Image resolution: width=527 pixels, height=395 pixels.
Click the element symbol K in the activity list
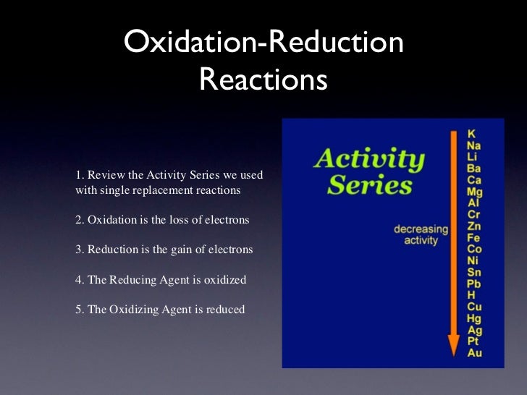pyautogui.click(x=472, y=134)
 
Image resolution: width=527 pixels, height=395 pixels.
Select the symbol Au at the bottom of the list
pyautogui.click(x=474, y=353)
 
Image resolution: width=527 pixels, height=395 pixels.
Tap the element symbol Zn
pyautogui.click(x=474, y=226)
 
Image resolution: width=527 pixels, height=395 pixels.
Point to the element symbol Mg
pyautogui.click(x=475, y=192)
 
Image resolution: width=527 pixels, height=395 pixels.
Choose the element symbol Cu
pyautogui.click(x=475, y=307)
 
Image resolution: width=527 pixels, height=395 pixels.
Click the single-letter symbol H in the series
pyautogui.click(x=471, y=295)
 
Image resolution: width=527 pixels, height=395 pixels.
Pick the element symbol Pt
pyautogui.click(x=473, y=341)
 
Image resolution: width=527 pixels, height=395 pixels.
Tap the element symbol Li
pyautogui.click(x=472, y=157)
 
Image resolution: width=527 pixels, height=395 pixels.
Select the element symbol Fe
pyautogui.click(x=474, y=238)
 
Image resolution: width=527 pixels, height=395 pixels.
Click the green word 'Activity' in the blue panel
pyautogui.click(x=368, y=158)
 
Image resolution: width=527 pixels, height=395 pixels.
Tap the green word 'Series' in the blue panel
pyautogui.click(x=369, y=185)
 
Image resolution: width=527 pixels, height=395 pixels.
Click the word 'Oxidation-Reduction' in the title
pyautogui.click(x=263, y=43)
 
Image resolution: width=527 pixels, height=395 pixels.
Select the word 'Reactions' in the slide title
pyautogui.click(x=263, y=80)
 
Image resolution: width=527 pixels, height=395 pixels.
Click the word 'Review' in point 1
pyautogui.click(x=105, y=176)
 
